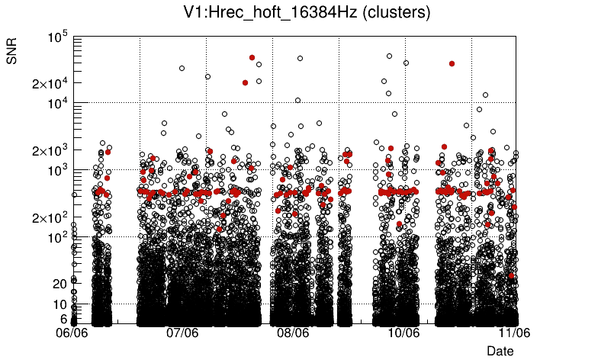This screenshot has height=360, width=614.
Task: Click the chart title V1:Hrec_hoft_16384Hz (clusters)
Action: coord(307,12)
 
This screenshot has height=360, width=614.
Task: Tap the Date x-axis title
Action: coord(500,350)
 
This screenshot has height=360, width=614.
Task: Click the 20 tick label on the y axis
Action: coord(60,284)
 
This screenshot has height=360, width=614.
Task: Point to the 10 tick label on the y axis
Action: coord(60,305)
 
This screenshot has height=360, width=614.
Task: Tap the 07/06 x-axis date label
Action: coord(182,333)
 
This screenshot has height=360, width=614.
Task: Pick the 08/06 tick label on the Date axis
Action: coord(292,333)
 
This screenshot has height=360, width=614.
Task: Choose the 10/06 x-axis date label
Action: coord(403,333)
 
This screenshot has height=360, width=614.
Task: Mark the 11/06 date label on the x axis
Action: coord(514,333)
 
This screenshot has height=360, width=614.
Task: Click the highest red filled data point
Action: coord(252,57)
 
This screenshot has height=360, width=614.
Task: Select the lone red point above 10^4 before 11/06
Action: coord(452,63)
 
